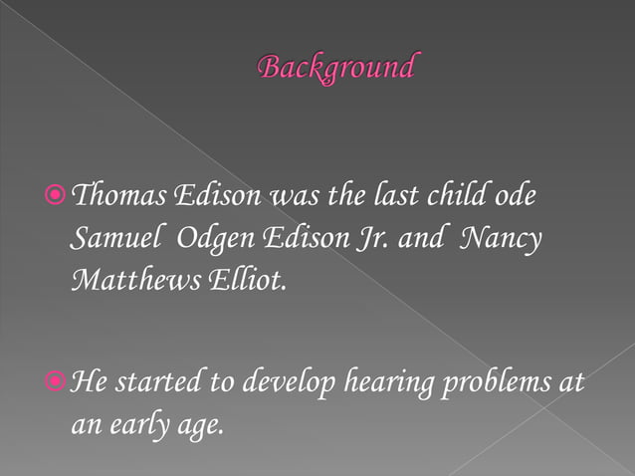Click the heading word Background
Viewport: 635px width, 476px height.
335,67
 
